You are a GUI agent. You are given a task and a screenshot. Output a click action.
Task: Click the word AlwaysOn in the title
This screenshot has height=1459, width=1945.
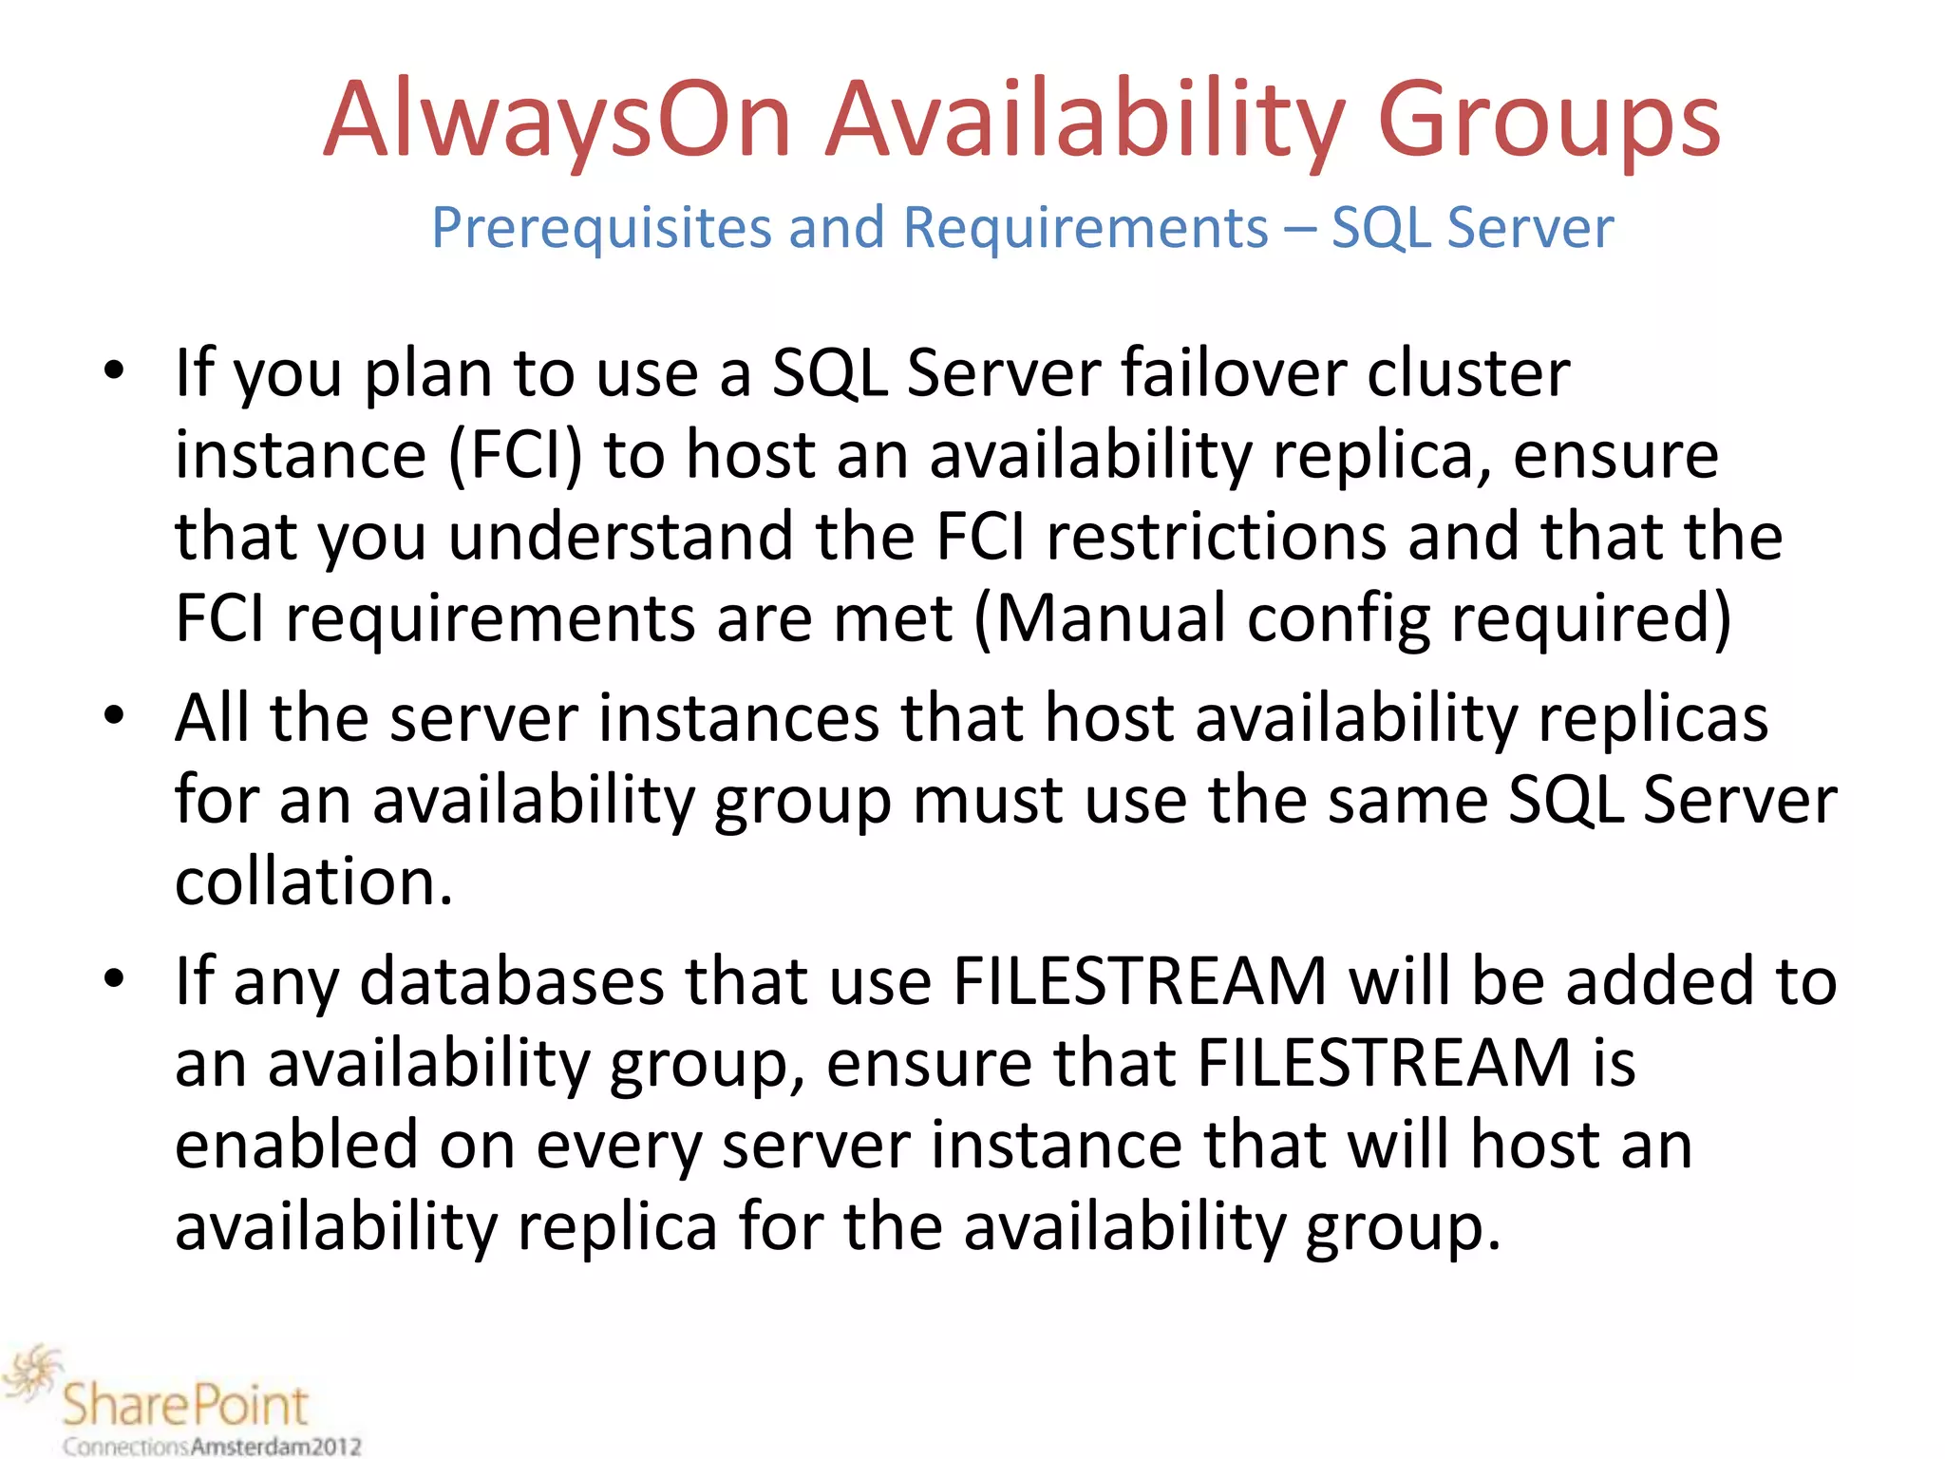coord(557,122)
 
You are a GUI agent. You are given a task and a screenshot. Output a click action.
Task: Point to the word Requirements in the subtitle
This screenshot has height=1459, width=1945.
coord(1085,229)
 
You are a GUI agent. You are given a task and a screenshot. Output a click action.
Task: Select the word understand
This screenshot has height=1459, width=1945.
coord(620,537)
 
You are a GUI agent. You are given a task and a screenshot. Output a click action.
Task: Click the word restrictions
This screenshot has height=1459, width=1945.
coord(1217,537)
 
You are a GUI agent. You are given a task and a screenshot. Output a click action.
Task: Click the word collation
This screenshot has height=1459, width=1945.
coord(313,881)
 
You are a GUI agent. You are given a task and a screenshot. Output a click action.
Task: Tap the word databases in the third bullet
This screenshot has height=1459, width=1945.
coord(512,981)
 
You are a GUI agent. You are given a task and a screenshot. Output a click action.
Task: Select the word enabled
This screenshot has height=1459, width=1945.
coord(296,1145)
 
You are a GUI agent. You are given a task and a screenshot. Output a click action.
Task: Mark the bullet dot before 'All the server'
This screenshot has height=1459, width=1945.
coord(115,717)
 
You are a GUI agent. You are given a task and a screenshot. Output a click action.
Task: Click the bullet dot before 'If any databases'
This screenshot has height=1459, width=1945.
coord(115,980)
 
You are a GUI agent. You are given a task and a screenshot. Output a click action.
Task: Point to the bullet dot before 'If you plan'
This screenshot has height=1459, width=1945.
coord(115,371)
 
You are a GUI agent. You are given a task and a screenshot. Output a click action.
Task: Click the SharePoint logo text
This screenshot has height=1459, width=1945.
coord(186,1405)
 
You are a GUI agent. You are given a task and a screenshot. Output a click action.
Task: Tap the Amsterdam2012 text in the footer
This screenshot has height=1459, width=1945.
coord(276,1447)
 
